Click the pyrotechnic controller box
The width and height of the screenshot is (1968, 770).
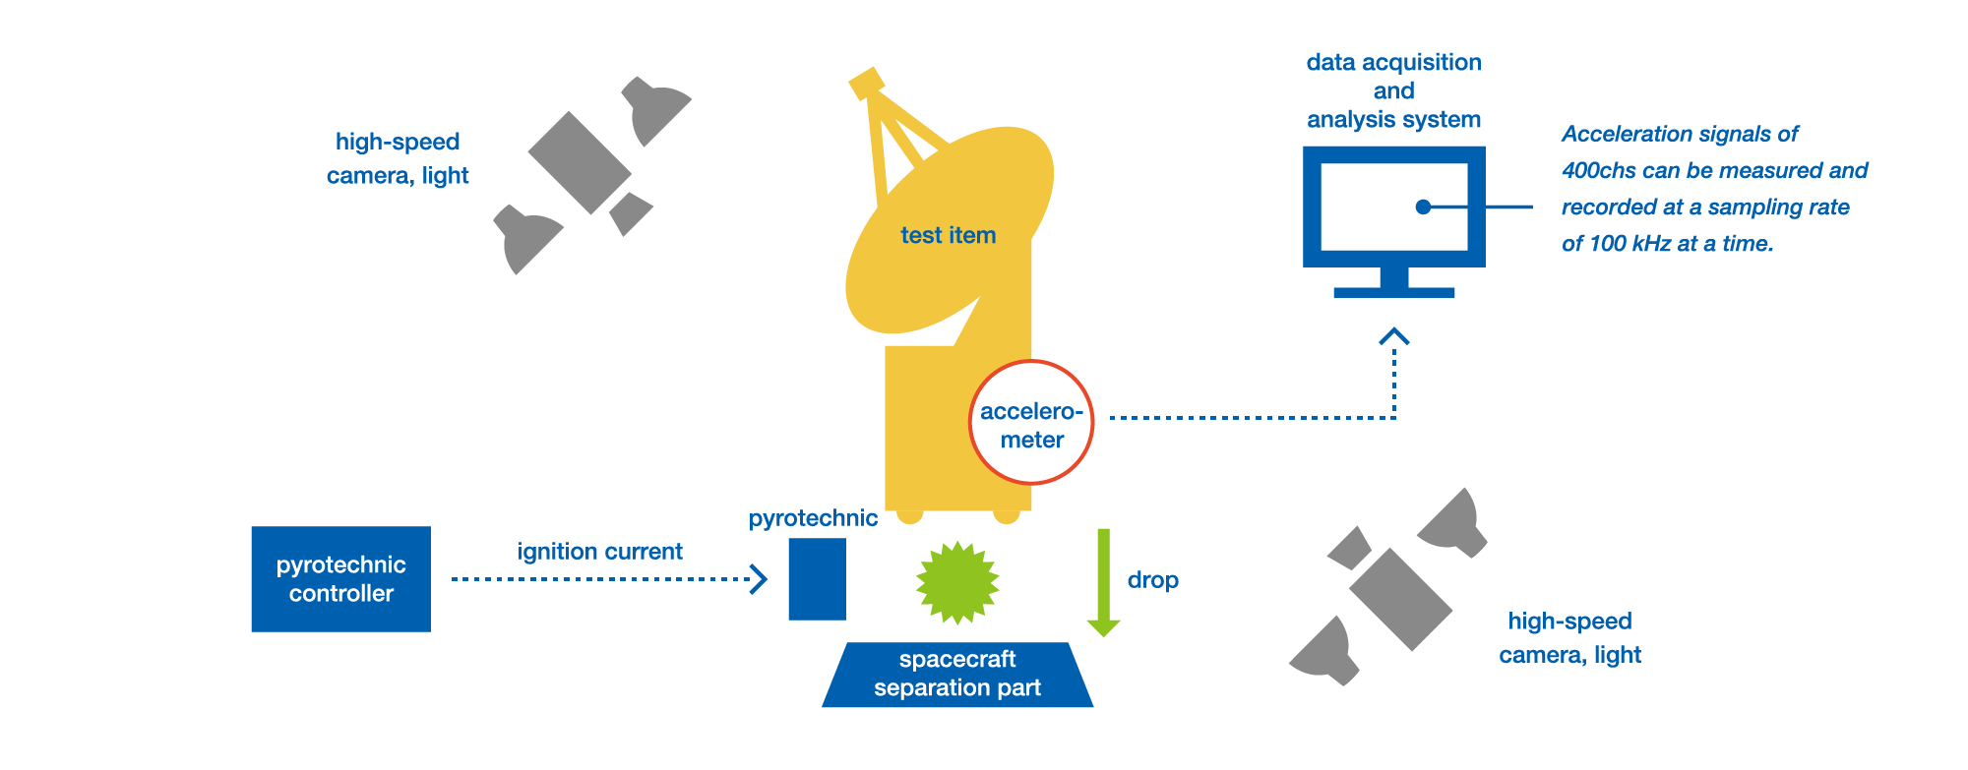[340, 579]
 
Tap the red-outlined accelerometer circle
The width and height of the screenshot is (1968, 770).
[1031, 423]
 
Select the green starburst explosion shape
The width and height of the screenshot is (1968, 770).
[956, 582]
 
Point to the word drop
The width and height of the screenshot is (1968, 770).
[1152, 580]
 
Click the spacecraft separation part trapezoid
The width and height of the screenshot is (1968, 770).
[956, 675]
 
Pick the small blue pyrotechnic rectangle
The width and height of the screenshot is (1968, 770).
[817, 579]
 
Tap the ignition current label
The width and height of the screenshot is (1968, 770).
[599, 552]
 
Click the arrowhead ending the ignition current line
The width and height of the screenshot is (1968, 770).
[759, 578]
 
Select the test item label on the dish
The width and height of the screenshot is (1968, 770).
[948, 235]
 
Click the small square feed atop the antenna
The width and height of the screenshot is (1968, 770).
[866, 83]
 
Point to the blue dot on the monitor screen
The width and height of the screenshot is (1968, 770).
[1423, 207]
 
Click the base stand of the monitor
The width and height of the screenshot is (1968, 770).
[1393, 291]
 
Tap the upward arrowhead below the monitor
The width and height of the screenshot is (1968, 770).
[1393, 336]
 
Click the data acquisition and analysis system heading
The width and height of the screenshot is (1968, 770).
[1393, 90]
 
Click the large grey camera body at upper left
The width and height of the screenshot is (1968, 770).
[579, 162]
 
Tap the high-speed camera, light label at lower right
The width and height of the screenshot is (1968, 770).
[1569, 638]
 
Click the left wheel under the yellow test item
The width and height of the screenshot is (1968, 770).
[909, 514]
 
